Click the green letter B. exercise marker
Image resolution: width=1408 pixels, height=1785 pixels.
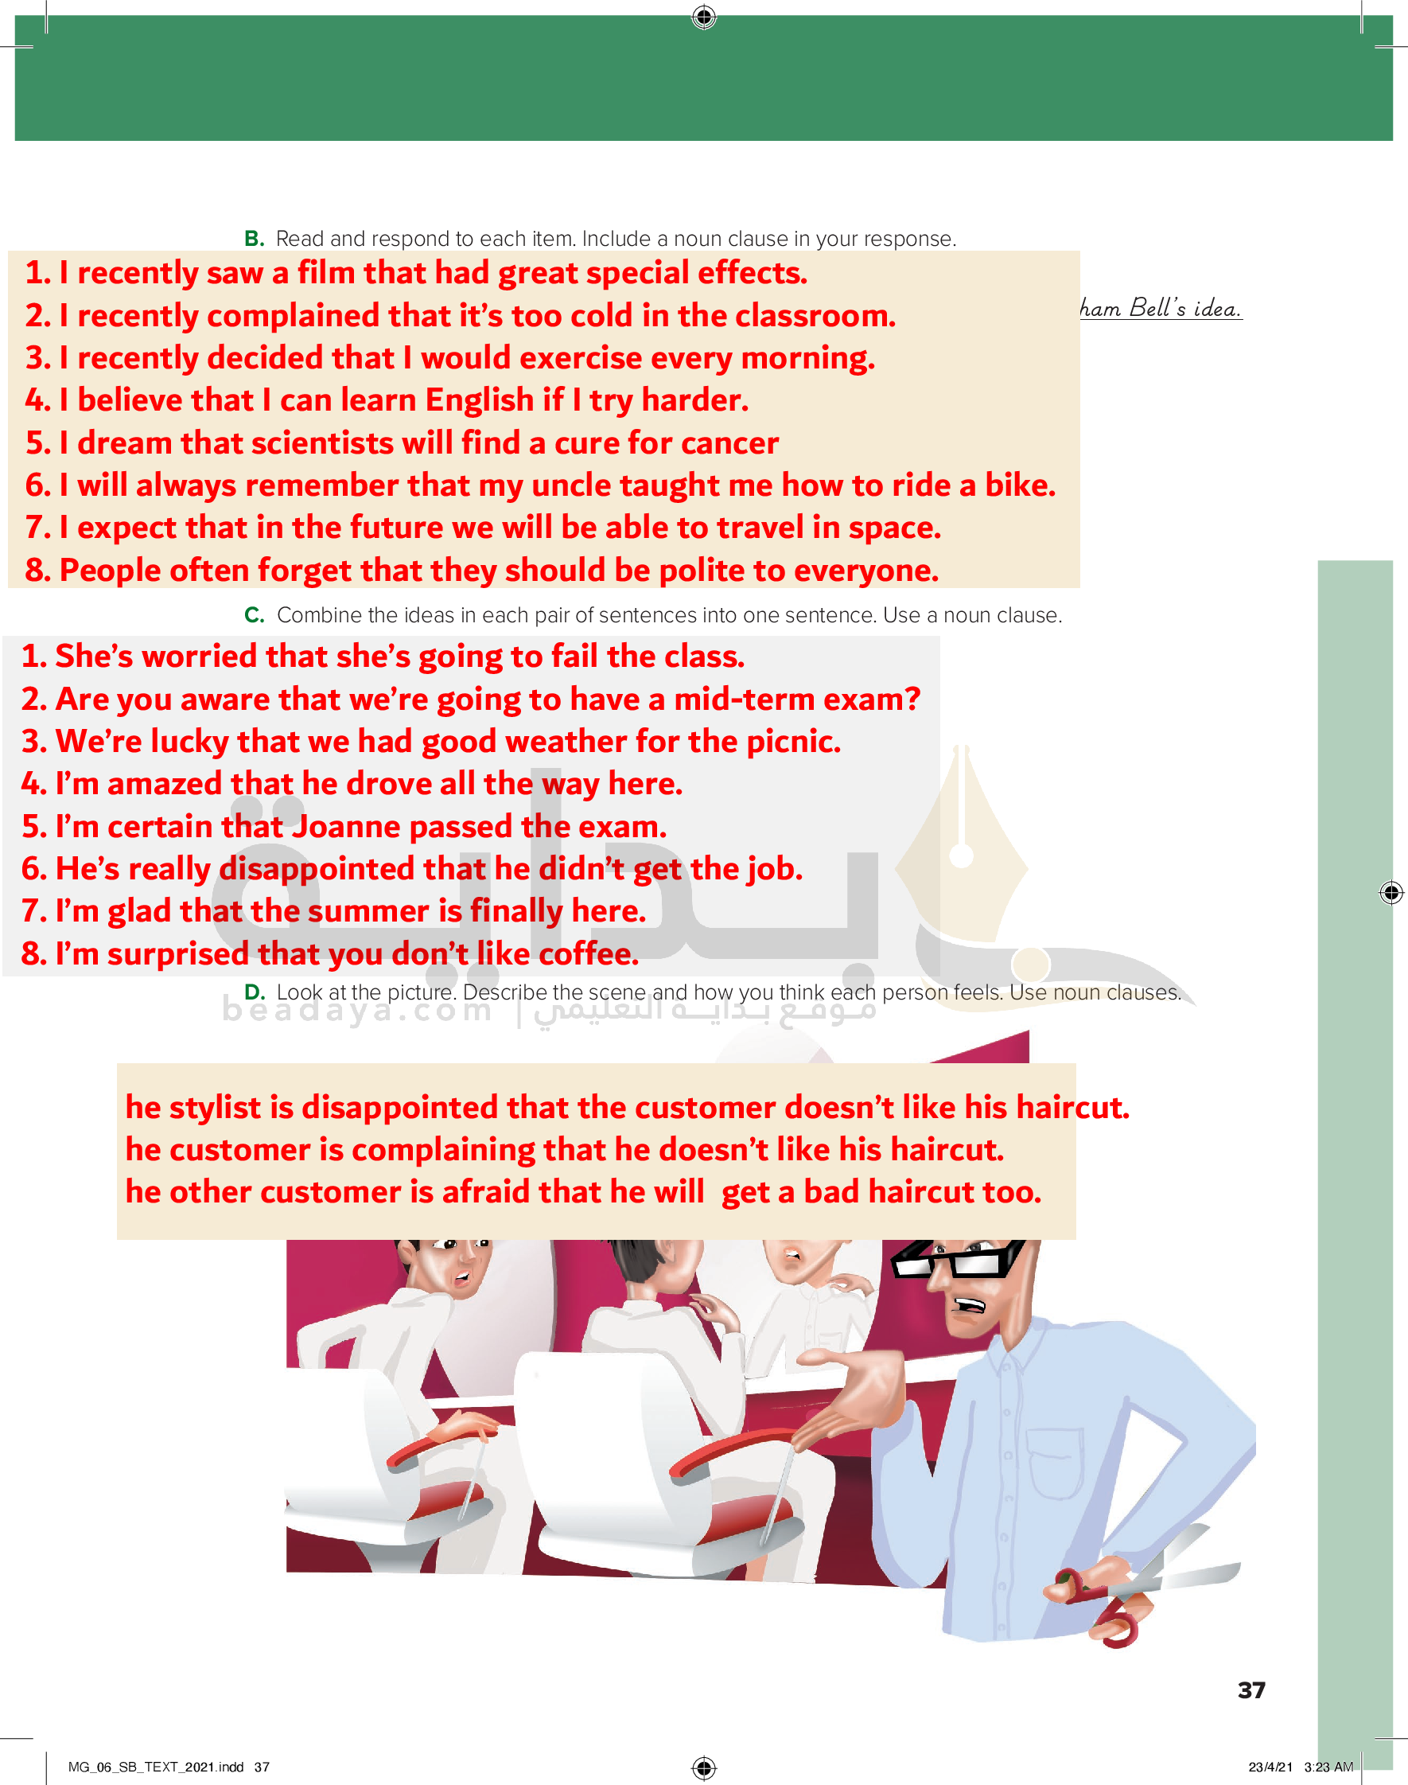pos(254,239)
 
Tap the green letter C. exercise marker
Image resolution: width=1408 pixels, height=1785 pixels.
pos(254,615)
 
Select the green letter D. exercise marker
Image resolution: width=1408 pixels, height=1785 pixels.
pos(255,992)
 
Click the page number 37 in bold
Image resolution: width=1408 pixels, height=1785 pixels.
pos(1251,1690)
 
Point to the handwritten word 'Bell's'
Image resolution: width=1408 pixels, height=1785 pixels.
pos(1157,307)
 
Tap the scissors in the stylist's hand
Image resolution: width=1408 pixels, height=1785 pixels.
pos(1145,1592)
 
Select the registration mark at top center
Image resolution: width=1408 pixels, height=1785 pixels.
pos(704,17)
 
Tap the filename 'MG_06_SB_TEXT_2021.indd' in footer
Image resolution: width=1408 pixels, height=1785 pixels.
pos(156,1767)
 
